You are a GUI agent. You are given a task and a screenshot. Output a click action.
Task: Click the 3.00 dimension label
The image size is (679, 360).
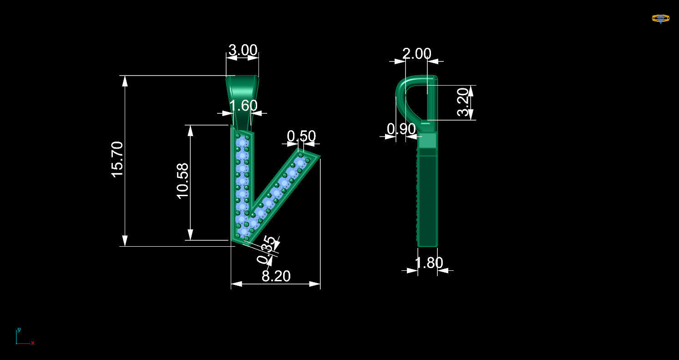coord(243,50)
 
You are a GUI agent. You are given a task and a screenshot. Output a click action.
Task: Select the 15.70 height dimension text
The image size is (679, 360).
coord(117,159)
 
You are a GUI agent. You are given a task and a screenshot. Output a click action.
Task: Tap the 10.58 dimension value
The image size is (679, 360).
coord(183,181)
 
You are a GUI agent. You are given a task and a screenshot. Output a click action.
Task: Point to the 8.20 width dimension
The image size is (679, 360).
coord(276,276)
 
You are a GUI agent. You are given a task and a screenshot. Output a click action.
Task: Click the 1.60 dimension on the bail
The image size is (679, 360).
coord(243,106)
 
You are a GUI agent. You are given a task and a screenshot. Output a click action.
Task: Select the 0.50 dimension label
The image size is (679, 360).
coord(301,136)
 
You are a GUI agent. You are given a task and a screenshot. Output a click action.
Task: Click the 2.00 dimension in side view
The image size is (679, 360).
coord(416,54)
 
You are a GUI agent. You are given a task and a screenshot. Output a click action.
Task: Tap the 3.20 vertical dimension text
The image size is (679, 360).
coord(462,102)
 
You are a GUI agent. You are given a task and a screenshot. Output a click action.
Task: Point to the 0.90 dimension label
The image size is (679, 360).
coord(401,129)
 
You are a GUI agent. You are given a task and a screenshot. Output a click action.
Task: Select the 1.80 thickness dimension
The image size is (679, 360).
coord(429,263)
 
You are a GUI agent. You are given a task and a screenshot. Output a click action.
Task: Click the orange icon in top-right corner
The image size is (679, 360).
coord(660,19)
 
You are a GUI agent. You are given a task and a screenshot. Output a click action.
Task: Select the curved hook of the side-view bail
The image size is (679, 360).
coord(403,91)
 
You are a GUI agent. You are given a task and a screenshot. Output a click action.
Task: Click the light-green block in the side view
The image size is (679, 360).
coord(428,141)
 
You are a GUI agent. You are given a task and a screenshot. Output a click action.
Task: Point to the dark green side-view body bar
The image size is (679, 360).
coord(428,200)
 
